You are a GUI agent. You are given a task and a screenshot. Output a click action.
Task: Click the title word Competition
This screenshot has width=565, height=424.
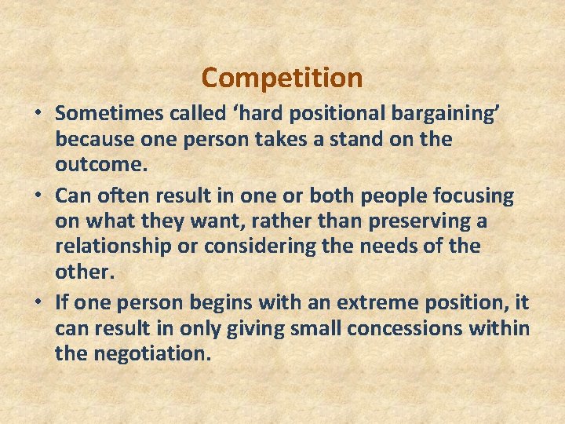pos(282,78)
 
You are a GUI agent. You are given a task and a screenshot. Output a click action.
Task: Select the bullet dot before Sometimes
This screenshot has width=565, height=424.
pos(38,113)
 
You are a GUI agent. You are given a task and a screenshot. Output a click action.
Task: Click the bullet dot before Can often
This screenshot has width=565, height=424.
pos(38,195)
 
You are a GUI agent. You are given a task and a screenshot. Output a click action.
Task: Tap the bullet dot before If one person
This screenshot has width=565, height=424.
pos(38,302)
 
